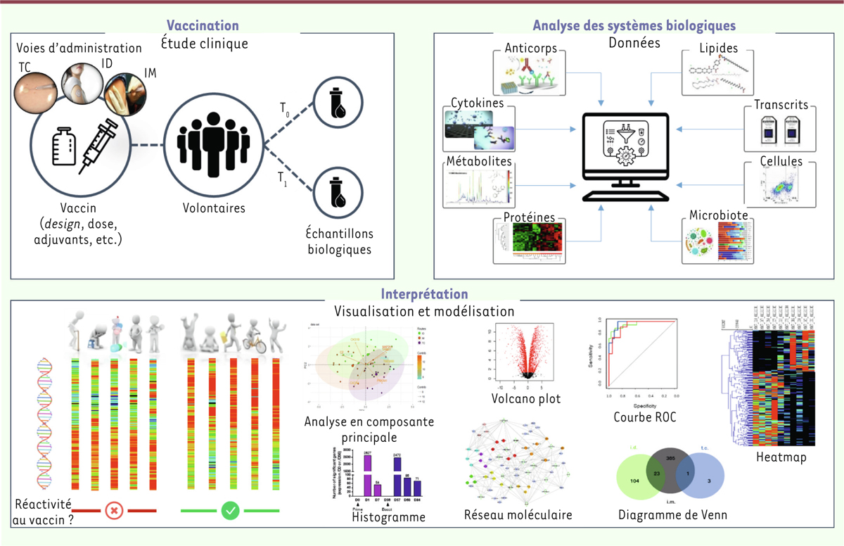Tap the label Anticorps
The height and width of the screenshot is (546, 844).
[532, 49]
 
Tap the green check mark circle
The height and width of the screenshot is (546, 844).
[230, 510]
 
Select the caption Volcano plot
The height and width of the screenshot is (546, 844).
[526, 400]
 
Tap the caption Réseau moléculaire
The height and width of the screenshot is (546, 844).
[518, 514]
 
